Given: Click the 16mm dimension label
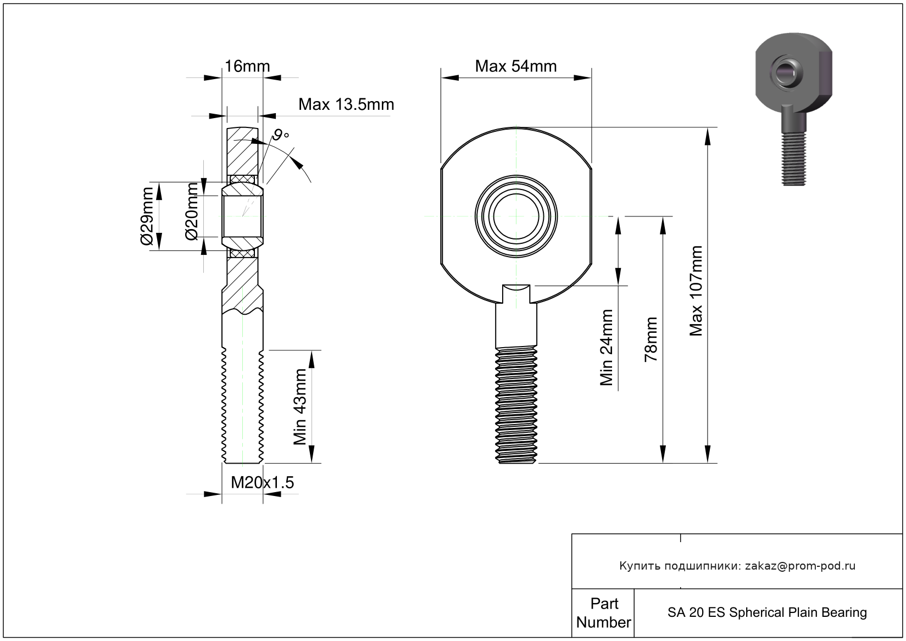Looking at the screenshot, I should (247, 66).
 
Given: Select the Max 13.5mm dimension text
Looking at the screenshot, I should (346, 104).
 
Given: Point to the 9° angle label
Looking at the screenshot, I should (281, 135).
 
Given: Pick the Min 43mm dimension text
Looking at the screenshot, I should (299, 406).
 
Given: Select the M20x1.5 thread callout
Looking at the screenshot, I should (262, 482).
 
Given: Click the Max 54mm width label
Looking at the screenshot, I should (515, 66).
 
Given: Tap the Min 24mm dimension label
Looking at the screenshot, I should (606, 348).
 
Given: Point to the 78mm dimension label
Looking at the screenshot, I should (651, 339).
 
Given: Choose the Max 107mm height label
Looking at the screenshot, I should (696, 291).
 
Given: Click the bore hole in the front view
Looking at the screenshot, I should (516, 216).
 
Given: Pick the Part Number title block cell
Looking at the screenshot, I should (603, 613).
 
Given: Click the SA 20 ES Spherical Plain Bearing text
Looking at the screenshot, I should (767, 612).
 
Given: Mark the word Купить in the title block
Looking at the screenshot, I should (640, 566).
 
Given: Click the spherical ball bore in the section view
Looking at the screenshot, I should (242, 216).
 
